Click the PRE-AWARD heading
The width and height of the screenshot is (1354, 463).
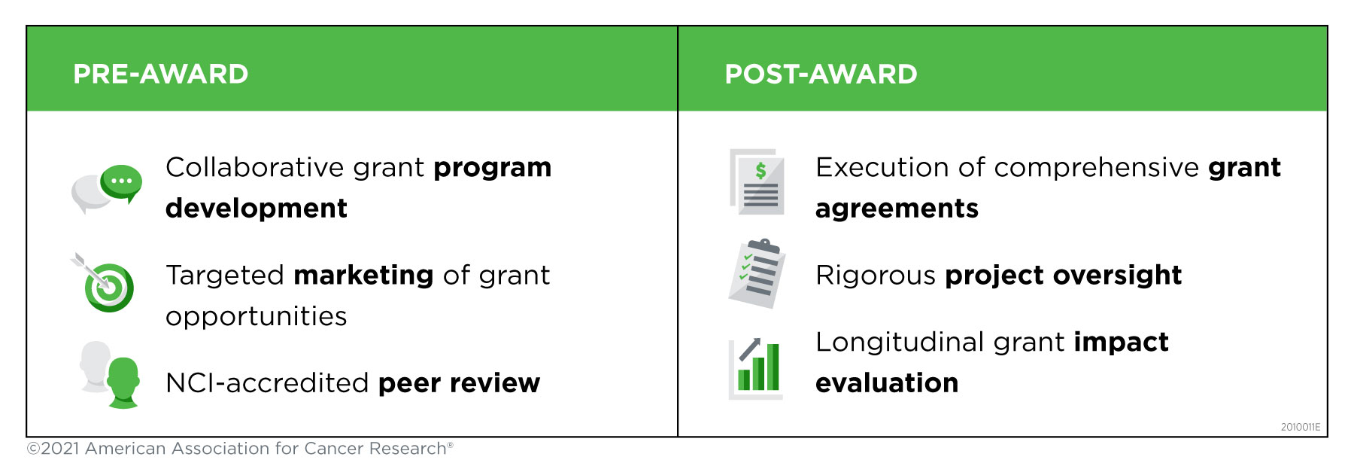point(160,74)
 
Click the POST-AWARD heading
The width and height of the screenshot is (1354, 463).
point(821,74)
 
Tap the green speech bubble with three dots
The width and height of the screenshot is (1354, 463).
point(122,183)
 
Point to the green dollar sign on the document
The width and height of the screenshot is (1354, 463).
point(761,171)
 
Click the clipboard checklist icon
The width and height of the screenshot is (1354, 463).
point(757,273)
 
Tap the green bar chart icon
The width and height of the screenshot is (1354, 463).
point(757,368)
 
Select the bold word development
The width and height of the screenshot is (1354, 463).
point(257,208)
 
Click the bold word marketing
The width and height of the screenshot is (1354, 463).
point(363,276)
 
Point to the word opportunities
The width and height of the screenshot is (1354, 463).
point(256,317)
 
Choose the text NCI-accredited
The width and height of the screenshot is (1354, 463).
point(267,383)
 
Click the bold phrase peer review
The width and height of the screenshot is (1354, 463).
point(459,384)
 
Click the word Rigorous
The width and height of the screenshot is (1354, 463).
point(876,276)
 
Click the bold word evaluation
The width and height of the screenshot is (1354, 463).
point(887,383)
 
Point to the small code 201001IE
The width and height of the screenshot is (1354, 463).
point(1301,427)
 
